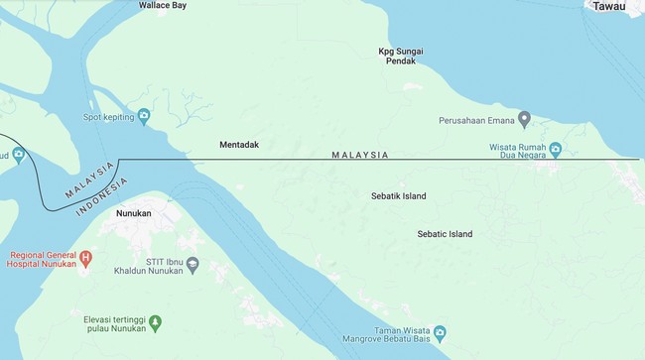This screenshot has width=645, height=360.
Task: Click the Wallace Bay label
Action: [165, 5]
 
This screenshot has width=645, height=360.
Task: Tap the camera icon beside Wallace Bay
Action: [128, 5]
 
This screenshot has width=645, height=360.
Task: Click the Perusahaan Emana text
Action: [477, 121]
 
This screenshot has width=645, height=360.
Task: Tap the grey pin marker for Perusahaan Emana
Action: [524, 120]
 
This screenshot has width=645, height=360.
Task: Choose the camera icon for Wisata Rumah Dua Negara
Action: [556, 149]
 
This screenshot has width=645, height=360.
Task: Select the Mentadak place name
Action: [239, 145]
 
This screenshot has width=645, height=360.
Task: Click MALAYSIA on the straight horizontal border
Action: [359, 155]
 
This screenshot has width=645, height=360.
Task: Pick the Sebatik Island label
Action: [399, 196]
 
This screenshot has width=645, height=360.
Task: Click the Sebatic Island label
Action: [446, 234]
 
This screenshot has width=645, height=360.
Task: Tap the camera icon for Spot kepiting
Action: [144, 117]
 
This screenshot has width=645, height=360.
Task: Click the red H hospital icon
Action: [85, 259]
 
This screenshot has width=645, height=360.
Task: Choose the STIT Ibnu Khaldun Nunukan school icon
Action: [193, 265]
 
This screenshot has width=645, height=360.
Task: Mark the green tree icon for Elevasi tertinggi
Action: [154, 321]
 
